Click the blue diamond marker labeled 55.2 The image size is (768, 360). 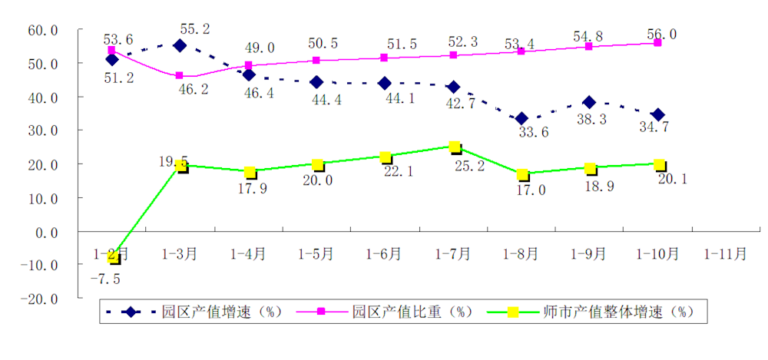click(180, 45)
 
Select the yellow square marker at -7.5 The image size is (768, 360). click(114, 257)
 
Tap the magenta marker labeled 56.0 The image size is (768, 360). click(657, 43)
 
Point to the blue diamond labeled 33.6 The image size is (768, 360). click(521, 118)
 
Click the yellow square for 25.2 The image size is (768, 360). click(455, 147)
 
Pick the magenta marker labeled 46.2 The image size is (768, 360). click(180, 75)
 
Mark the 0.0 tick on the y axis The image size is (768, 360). click(45, 231)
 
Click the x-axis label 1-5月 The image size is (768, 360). click(316, 254)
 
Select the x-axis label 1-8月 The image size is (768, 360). click(521, 254)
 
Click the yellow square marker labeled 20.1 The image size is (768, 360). click(659, 164)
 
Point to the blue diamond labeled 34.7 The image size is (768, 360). click(657, 115)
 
